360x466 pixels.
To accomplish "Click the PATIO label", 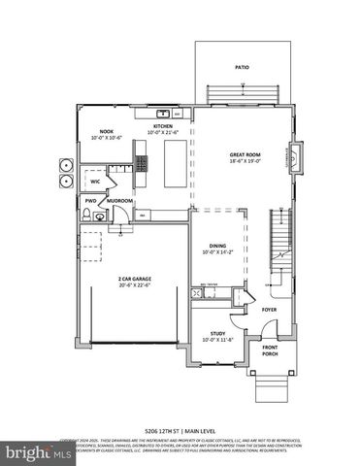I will (242, 68).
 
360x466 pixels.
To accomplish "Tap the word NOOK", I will (107, 131).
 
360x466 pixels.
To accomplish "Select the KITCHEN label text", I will (162, 126).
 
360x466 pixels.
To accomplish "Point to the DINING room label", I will (217, 246).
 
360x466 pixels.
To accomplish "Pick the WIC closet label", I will (96, 181).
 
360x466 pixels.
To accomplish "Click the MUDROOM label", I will (120, 201).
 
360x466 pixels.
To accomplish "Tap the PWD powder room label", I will (90, 201).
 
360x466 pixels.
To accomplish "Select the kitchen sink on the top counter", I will (166, 112).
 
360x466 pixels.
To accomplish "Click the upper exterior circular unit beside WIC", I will (67, 163).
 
